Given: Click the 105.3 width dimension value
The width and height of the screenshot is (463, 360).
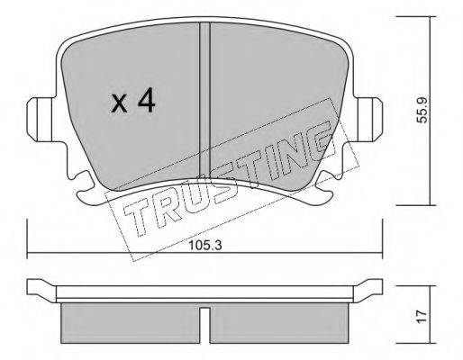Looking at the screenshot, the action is [205, 246].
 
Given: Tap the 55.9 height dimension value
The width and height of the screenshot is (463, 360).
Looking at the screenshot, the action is [422, 110].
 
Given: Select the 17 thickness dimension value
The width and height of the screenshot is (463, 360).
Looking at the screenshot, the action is [422, 317].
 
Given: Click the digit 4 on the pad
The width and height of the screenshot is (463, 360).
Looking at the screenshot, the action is [147, 102].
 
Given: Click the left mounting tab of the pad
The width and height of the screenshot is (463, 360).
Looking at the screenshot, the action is [39, 120].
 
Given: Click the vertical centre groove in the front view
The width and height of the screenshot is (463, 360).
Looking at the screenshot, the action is [205, 101].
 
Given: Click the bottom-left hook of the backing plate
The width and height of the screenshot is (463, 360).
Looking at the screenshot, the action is [87, 192].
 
